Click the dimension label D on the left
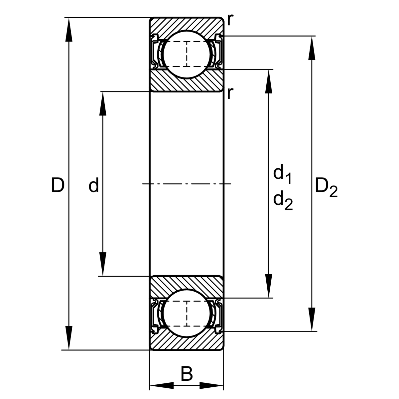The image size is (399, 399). click(x=58, y=185)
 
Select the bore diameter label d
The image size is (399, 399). click(x=93, y=185)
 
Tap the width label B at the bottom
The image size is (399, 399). click(x=187, y=374)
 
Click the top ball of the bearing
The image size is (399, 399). click(x=187, y=54)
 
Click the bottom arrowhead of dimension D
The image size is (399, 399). click(x=69, y=338)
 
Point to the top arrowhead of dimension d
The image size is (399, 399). click(x=103, y=103)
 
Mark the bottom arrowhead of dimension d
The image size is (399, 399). click(x=103, y=264)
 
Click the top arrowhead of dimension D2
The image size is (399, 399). click(x=312, y=48)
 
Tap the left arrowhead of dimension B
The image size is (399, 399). click(x=162, y=386)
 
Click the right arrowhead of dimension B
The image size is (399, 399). click(x=211, y=386)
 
